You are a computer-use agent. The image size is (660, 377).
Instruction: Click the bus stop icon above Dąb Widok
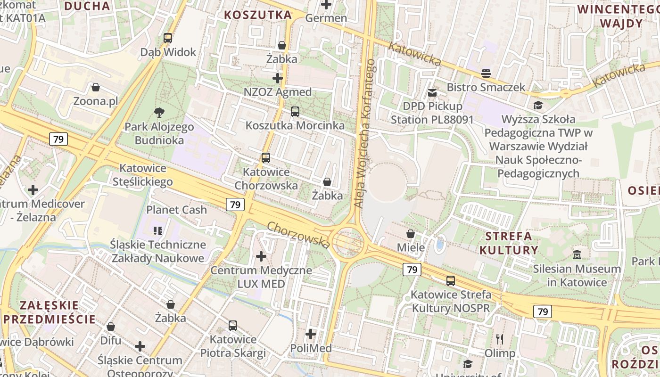[x=167, y=38]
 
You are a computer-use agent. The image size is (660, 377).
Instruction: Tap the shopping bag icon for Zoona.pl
[x=96, y=87]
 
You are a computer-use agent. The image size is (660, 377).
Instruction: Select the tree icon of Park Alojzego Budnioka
[x=159, y=113]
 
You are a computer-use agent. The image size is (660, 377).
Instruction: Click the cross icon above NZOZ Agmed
[x=278, y=78]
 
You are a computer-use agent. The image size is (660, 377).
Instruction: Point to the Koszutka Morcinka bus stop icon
[x=295, y=112]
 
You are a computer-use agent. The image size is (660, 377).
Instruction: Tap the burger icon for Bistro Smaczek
[x=486, y=74]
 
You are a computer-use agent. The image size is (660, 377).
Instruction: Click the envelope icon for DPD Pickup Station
[x=432, y=93]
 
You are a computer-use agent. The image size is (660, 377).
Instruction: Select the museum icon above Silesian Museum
[x=577, y=255]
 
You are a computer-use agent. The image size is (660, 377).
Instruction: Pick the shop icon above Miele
[x=411, y=234]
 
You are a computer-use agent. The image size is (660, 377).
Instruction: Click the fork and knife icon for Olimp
[x=500, y=339]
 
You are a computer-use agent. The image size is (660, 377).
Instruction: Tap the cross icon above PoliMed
[x=311, y=334]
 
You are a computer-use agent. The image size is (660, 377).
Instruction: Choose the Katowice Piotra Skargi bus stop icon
[x=233, y=325]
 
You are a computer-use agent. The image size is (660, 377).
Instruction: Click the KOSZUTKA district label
[x=258, y=15]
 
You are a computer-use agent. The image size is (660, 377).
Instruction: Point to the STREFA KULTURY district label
[x=509, y=243]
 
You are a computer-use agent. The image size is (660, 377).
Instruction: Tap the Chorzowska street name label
[x=298, y=235]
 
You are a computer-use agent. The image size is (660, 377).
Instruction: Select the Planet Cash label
[x=177, y=210]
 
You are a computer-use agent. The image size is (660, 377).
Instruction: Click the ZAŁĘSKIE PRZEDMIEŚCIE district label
[x=49, y=311]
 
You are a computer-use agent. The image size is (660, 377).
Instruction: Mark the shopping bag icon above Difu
[x=111, y=327]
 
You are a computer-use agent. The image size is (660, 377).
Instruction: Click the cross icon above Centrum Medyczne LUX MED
[x=261, y=256]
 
